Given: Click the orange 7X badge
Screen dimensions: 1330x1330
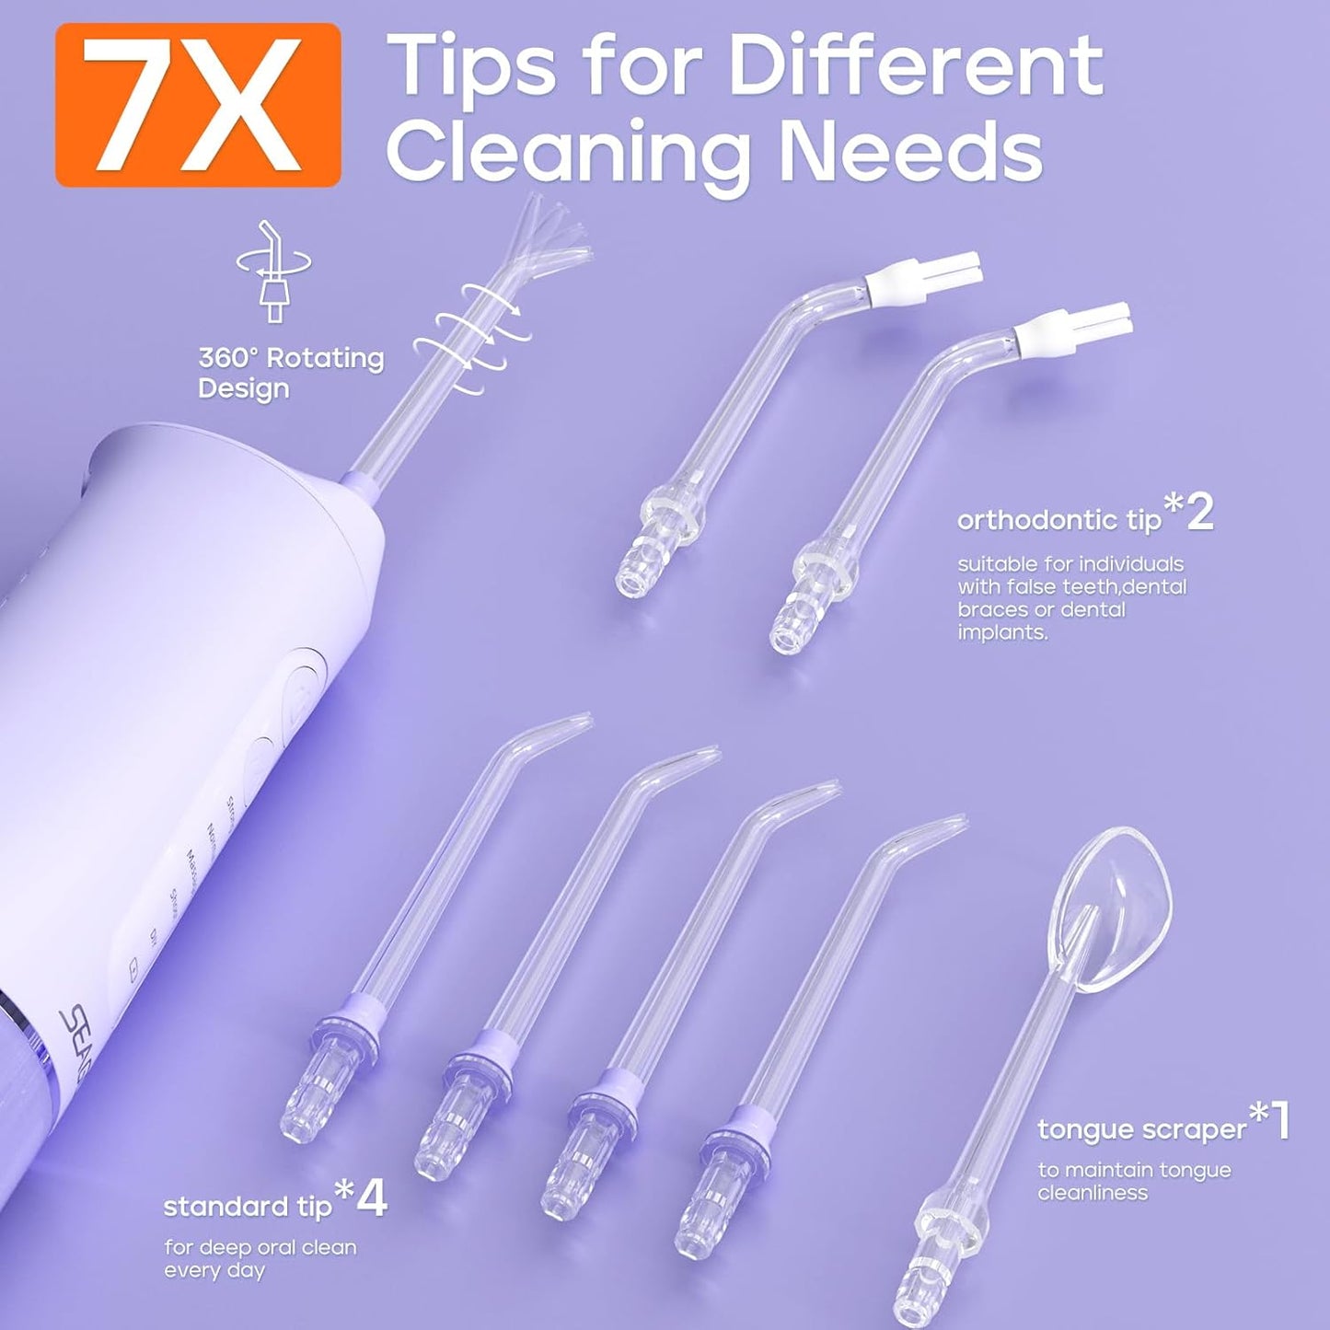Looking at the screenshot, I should [x=198, y=105].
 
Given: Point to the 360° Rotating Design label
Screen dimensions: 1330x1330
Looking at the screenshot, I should [x=291, y=373].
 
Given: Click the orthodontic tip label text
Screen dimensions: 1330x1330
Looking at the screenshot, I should [x=1058, y=521].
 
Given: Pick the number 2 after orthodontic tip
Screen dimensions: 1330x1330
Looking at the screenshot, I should [x=1199, y=514].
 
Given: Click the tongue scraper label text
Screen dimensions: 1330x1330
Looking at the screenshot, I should [x=1141, y=1130].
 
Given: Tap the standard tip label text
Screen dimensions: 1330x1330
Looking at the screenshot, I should [x=247, y=1207].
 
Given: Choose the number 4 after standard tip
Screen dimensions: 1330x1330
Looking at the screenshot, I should [x=371, y=1199].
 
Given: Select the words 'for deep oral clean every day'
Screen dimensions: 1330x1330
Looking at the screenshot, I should [x=260, y=1259].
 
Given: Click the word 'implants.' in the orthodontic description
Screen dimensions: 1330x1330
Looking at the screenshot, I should [x=1001, y=633].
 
